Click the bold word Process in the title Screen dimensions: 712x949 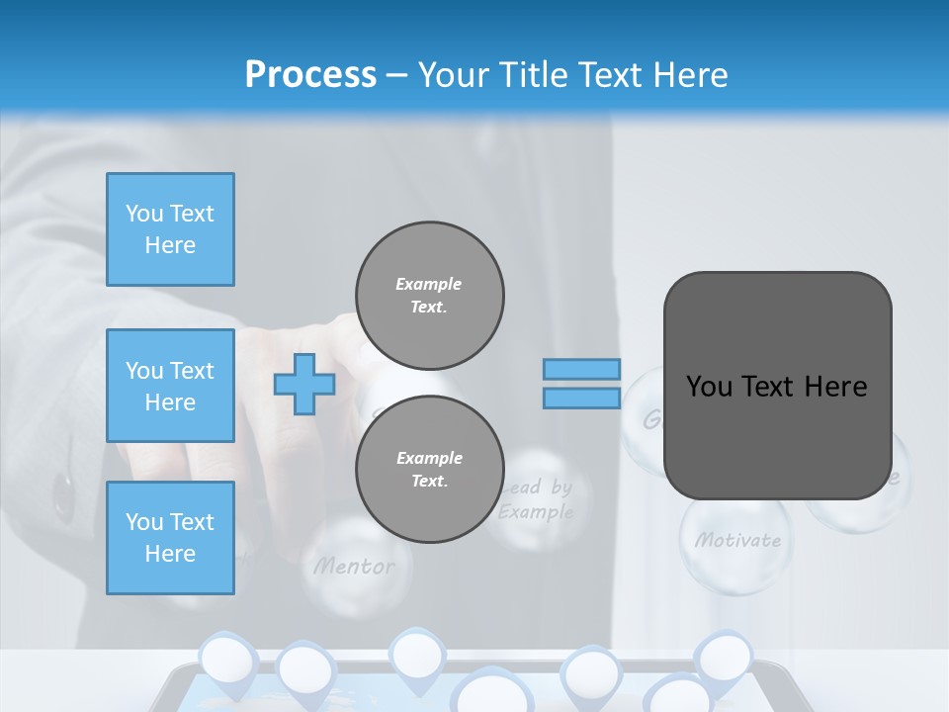click(x=310, y=75)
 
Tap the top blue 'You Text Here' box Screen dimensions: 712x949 click(x=170, y=229)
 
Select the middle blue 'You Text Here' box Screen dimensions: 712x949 click(x=170, y=386)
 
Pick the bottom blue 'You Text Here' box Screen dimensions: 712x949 click(x=170, y=538)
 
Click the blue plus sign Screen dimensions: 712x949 click(x=303, y=384)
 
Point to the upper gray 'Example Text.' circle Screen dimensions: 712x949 click(x=429, y=295)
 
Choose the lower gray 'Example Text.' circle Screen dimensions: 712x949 click(x=429, y=469)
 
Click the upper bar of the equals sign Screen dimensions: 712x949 click(x=582, y=369)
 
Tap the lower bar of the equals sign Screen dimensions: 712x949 click(x=582, y=398)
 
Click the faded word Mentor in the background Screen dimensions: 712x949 click(x=354, y=567)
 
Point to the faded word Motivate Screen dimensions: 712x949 click(x=737, y=540)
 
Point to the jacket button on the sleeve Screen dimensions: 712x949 click(x=64, y=494)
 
